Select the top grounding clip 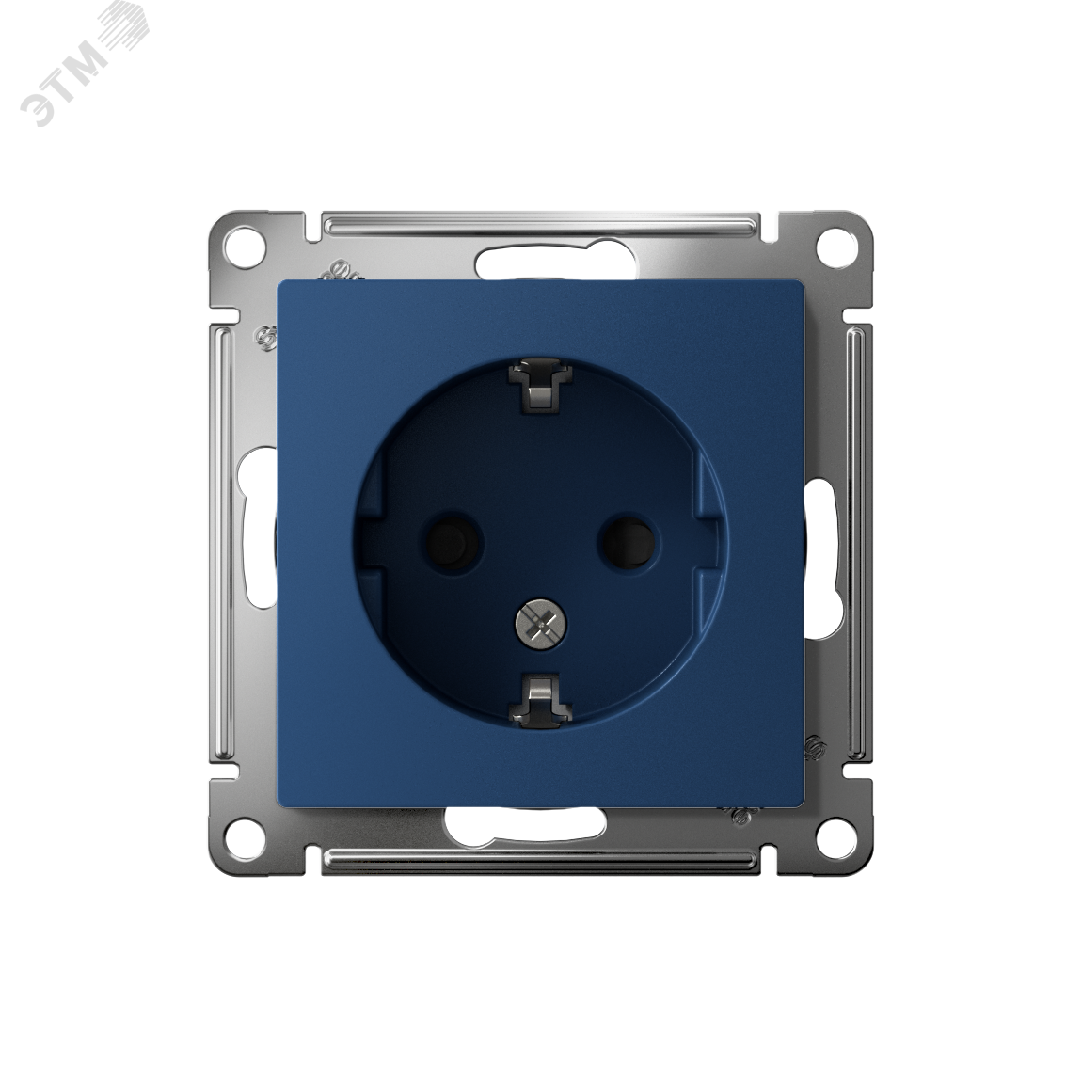click(540, 390)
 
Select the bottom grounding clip click(540, 699)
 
